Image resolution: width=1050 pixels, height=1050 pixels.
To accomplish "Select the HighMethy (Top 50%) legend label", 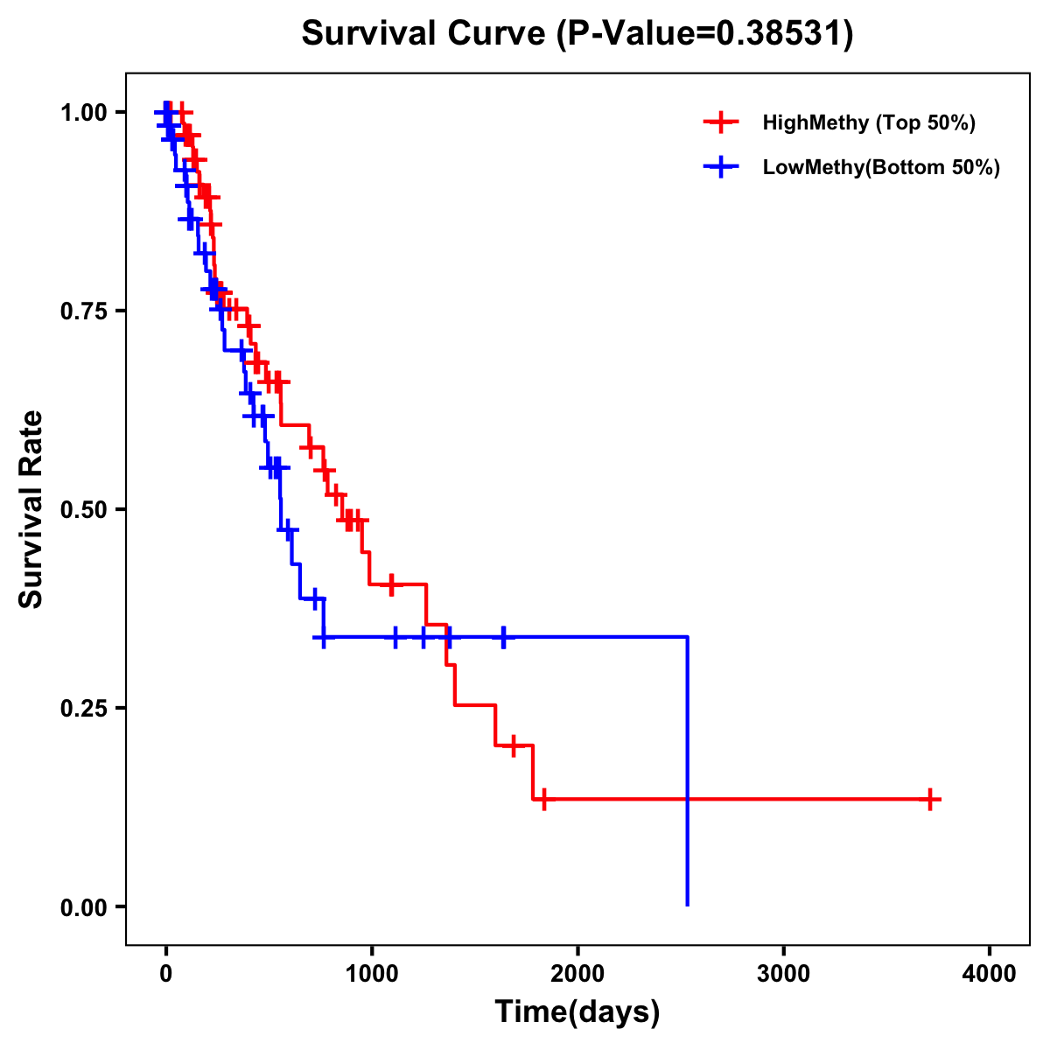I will [x=868, y=122].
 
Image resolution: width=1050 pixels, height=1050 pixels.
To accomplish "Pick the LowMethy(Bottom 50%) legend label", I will [x=880, y=167].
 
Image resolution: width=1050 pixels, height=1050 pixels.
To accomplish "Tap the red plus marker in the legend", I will [x=720, y=122].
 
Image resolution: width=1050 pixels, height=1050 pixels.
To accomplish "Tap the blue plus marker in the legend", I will [x=720, y=167].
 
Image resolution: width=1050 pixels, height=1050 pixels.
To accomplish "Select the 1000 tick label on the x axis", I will [x=371, y=974].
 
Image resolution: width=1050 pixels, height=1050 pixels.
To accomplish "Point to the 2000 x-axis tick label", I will [x=577, y=974].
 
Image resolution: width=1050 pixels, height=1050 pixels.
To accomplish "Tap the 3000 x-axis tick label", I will [x=783, y=974].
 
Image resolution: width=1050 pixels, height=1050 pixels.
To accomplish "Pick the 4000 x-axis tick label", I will [x=990, y=974].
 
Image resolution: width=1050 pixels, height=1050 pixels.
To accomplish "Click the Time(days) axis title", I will [x=577, y=1012].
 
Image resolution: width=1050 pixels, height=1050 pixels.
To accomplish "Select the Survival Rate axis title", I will [x=31, y=509].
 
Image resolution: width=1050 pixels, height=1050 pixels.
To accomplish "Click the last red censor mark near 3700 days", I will [x=931, y=799].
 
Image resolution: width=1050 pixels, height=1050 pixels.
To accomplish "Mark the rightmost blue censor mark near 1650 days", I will [x=503, y=637].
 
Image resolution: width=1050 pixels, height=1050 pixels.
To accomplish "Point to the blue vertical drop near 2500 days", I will [x=688, y=770].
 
